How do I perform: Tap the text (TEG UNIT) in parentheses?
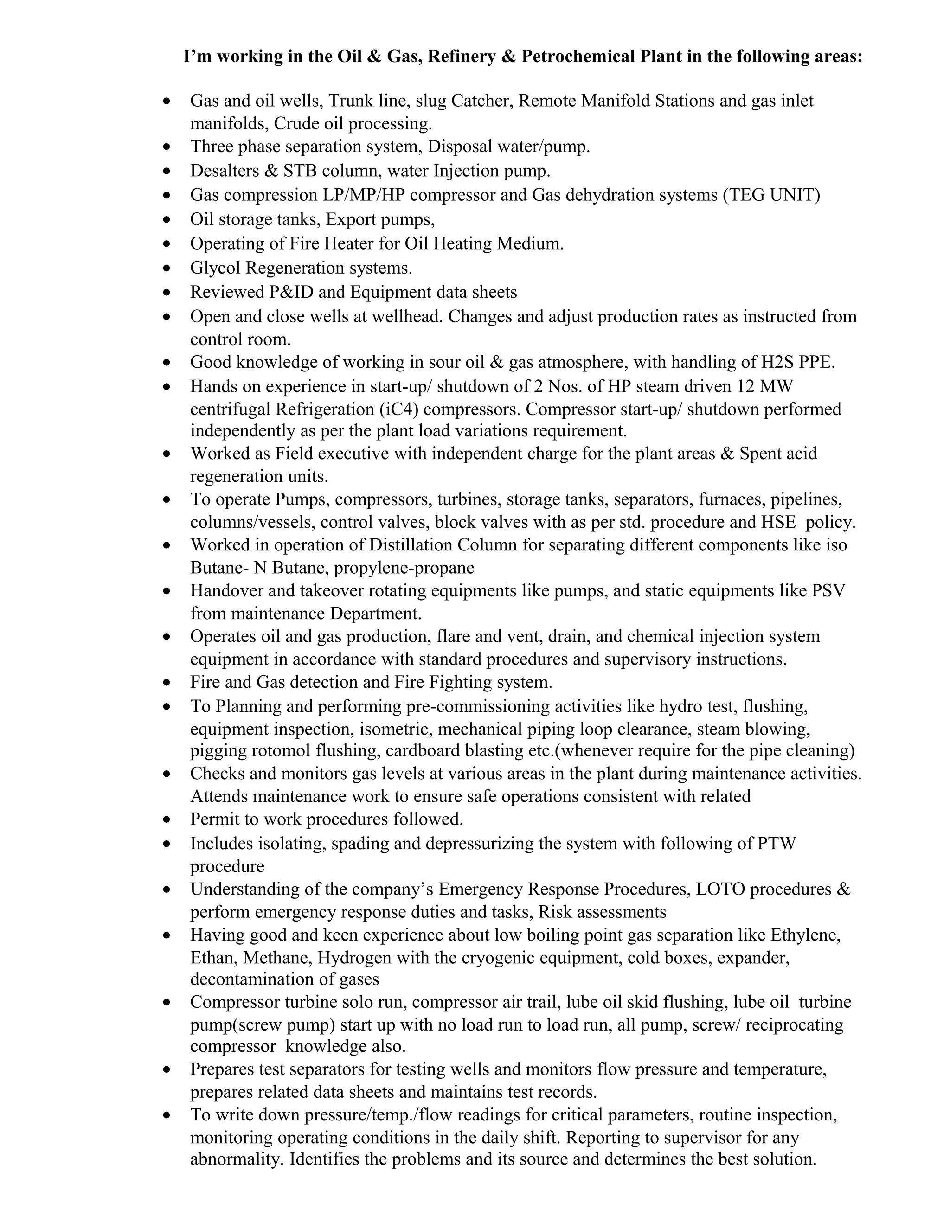click(771, 195)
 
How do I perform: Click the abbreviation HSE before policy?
click(778, 522)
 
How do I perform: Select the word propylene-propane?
click(404, 568)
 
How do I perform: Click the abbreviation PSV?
click(828, 591)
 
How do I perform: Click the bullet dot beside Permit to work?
click(167, 819)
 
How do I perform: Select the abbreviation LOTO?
click(720, 889)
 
